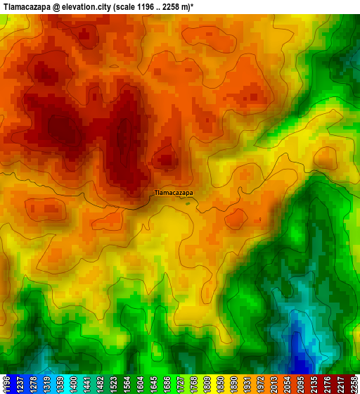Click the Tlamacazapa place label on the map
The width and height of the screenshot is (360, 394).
[x=174, y=191]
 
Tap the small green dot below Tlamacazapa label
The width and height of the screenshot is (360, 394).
[x=188, y=203]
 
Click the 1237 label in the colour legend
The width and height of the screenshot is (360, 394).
[x=20, y=384]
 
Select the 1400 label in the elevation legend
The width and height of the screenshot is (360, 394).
[x=78, y=384]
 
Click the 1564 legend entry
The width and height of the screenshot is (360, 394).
[x=136, y=384]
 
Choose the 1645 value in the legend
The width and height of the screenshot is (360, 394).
[x=165, y=384]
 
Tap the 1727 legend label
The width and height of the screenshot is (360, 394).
[x=193, y=384]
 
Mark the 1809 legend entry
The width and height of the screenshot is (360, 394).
[x=222, y=384]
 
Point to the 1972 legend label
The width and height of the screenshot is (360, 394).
[x=280, y=384]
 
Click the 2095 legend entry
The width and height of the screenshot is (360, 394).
[x=323, y=384]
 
